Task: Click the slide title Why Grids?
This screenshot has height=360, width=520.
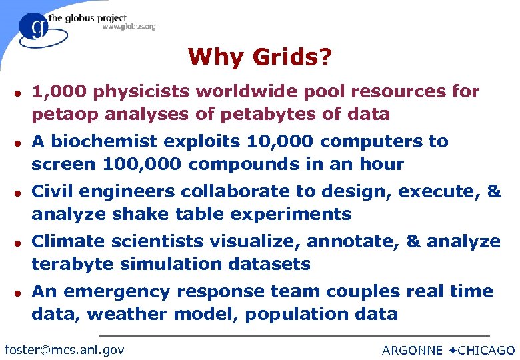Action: [259, 57]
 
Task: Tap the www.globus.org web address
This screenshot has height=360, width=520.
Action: [129, 27]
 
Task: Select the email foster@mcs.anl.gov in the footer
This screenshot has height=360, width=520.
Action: [64, 349]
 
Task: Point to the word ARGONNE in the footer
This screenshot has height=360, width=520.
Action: [412, 350]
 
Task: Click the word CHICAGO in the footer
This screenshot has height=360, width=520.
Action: [486, 350]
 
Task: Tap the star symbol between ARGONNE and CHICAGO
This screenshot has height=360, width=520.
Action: [451, 350]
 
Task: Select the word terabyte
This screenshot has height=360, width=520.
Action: [73, 264]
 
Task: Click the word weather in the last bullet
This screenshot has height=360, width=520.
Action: [123, 314]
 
